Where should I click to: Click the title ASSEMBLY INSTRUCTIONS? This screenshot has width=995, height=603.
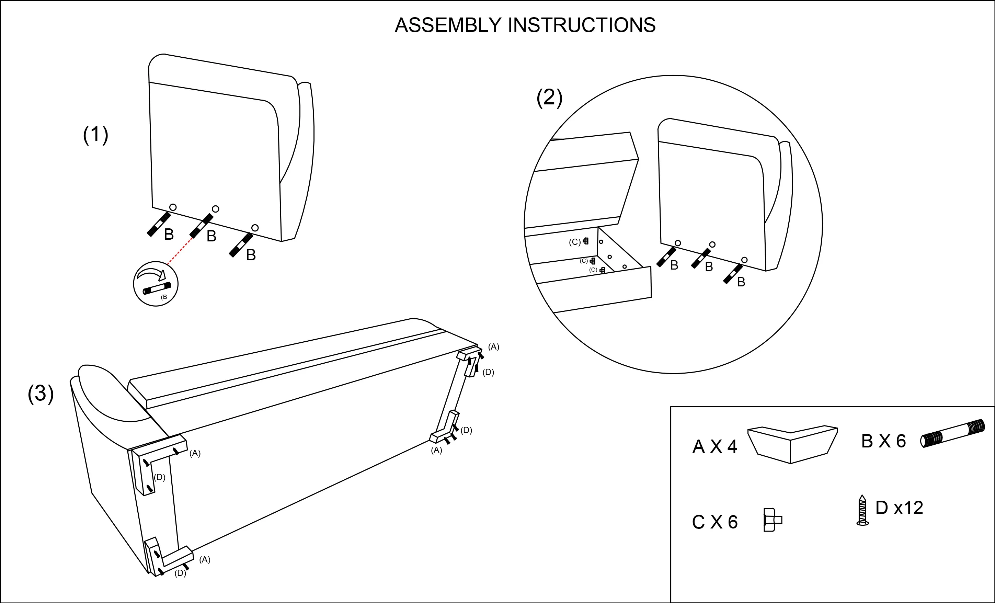tap(525, 25)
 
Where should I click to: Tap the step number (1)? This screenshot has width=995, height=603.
tap(96, 135)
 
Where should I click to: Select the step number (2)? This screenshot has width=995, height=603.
tap(549, 98)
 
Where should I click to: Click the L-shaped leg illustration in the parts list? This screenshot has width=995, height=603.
tap(792, 444)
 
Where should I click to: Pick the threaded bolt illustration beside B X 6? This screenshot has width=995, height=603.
tap(952, 434)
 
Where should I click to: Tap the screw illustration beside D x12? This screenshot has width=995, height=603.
tap(862, 511)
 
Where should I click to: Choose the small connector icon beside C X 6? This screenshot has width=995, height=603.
tap(772, 520)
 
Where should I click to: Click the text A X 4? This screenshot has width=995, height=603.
tap(715, 447)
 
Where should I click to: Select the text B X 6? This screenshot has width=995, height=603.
tap(883, 441)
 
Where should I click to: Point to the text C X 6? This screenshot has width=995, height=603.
tap(715, 522)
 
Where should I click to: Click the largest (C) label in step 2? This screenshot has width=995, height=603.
tap(575, 242)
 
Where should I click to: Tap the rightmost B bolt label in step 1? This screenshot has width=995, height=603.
tap(251, 255)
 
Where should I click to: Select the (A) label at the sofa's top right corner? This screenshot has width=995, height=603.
tap(493, 347)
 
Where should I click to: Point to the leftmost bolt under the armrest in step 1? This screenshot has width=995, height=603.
tap(158, 224)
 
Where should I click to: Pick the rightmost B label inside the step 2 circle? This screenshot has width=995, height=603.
tap(741, 282)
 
